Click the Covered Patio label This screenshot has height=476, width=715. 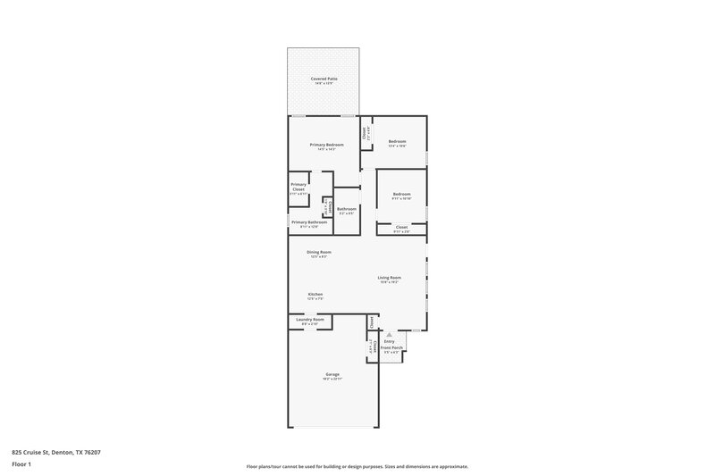324,79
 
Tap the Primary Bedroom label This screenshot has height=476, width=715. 326,145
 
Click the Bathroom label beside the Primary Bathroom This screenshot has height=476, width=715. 346,209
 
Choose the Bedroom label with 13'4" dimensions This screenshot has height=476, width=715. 398,141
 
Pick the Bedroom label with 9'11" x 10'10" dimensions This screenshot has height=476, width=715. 401,194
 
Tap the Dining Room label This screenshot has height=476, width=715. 319,252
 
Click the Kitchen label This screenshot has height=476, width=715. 315,294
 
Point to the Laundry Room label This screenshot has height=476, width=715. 310,319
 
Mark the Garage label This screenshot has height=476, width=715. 332,374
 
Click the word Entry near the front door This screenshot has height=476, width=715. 389,341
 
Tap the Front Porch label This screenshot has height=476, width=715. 391,347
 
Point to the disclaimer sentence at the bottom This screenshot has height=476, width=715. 357,466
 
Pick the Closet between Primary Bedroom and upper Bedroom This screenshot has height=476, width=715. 365,132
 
